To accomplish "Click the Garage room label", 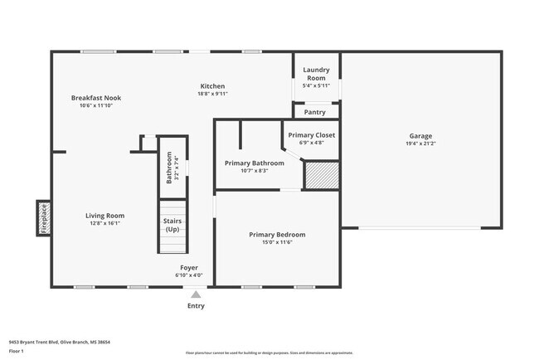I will (420, 136).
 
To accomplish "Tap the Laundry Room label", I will (316, 74).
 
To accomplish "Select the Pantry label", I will (315, 112).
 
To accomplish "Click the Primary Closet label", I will (311, 134).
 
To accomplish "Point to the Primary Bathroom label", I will (254, 163).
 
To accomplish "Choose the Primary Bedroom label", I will (277, 235).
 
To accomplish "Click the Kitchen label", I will (212, 86).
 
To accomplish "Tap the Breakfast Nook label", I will (95, 98).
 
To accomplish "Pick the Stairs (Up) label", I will (172, 225).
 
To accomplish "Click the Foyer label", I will (190, 268).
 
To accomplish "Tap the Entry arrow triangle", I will (196, 294).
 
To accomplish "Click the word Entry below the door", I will (196, 305).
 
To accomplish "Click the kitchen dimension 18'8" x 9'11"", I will (212, 94).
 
